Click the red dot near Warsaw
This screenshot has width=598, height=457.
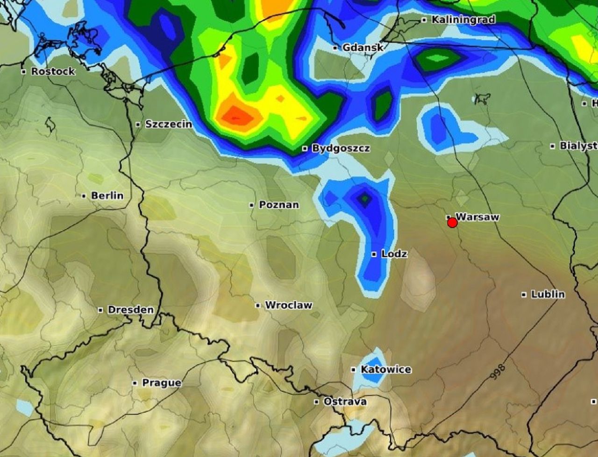[452, 223]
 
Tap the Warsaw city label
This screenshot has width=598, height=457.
[477, 217]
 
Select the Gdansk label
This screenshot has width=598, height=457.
[363, 48]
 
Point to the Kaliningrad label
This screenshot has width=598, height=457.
[463, 20]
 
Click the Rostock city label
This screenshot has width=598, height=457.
[53, 71]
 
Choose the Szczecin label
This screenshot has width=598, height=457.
[168, 124]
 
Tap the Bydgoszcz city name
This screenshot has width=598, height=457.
[341, 148]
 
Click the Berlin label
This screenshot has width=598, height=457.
[107, 196]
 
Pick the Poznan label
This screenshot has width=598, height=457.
[278, 204]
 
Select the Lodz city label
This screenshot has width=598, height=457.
[394, 254]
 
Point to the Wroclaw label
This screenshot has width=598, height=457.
[288, 305]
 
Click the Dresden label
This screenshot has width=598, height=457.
[130, 309]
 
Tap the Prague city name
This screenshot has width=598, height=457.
[161, 383]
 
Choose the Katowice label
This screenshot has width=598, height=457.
[386, 369]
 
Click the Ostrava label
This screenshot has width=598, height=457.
[345, 401]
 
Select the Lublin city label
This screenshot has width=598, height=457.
[548, 294]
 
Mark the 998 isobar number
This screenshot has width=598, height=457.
[498, 372]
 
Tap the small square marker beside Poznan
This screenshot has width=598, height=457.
[252, 205]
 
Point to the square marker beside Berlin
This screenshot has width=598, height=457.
[84, 196]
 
